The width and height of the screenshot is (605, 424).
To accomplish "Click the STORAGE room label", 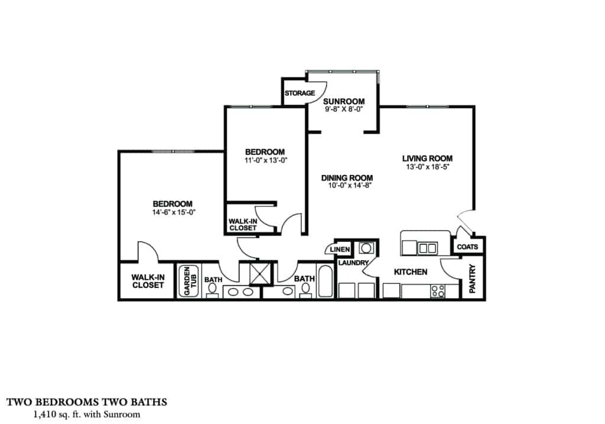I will (x=300, y=93).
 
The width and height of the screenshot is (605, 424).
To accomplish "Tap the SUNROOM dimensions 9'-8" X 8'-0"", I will (x=343, y=109).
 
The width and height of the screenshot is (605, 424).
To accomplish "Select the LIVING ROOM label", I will (x=427, y=158).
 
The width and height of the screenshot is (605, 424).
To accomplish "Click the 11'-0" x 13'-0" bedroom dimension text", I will (x=265, y=160).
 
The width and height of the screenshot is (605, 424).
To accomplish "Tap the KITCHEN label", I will (x=411, y=272).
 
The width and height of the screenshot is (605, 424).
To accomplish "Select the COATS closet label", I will (x=468, y=246).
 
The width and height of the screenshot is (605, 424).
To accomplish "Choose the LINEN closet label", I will (x=340, y=250).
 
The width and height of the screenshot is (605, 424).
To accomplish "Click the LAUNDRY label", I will (x=354, y=263).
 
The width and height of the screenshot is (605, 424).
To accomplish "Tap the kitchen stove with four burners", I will (x=438, y=290).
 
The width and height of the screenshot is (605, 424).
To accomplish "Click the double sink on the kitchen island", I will (x=427, y=248).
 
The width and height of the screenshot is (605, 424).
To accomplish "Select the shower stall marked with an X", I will (x=259, y=273).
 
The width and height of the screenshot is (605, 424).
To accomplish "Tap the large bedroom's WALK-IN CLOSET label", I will (x=147, y=281).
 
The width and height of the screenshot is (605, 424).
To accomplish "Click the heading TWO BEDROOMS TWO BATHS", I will (x=87, y=402).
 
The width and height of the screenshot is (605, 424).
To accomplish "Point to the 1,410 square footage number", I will (x=46, y=415).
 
